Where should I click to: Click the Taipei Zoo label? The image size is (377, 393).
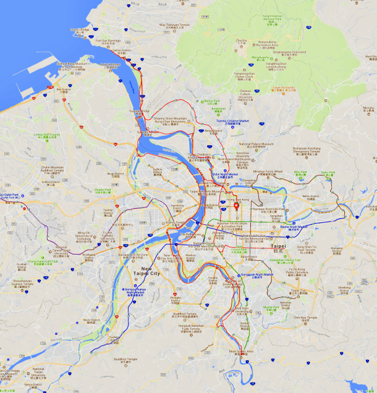tap(299, 291)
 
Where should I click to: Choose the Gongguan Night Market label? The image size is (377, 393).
tap(255, 275)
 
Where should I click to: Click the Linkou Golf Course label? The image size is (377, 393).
tap(48, 135)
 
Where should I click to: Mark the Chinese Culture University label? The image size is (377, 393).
tap(246, 95)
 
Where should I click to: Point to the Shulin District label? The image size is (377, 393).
tap(91, 320)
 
